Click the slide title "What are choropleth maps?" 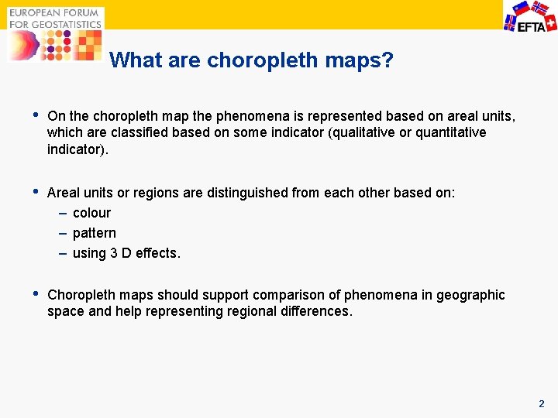pyautogui.click(x=252, y=60)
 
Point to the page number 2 pyautogui.click(x=541, y=403)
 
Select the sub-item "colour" pyautogui.click(x=91, y=213)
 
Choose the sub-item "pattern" pyautogui.click(x=94, y=233)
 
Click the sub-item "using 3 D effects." pyautogui.click(x=126, y=253)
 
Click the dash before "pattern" pyautogui.click(x=62, y=233)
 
